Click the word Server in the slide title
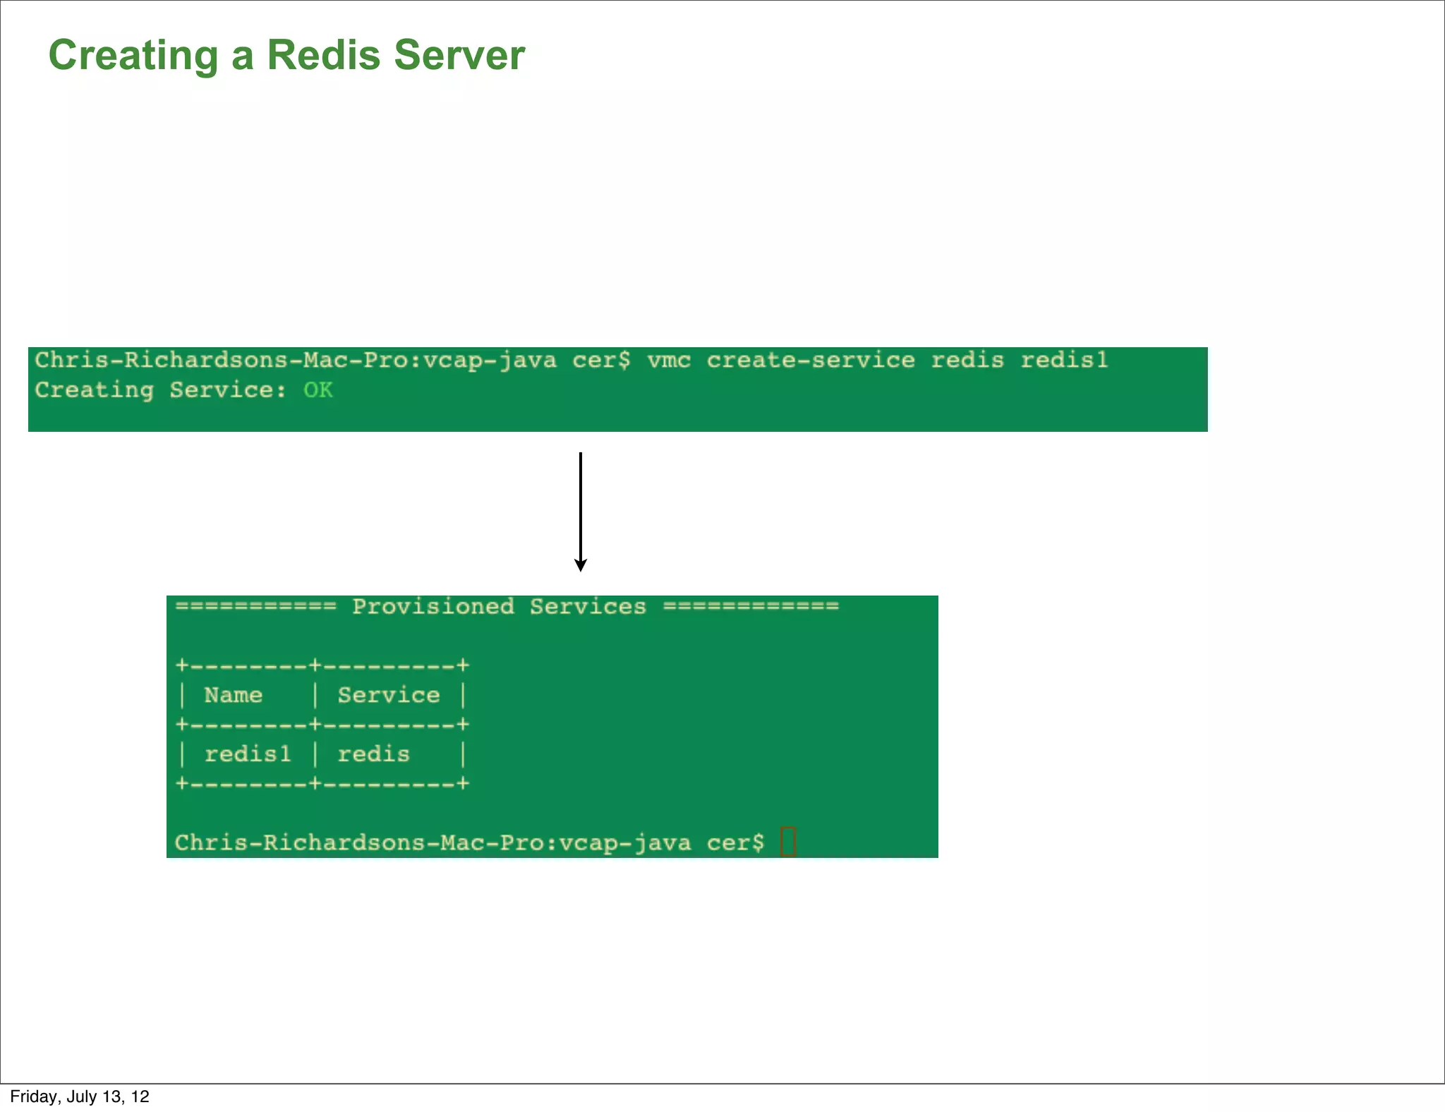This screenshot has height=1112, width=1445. (459, 55)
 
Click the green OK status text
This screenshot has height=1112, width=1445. (318, 390)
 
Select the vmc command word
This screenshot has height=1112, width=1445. (668, 361)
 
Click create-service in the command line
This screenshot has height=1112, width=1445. (810, 361)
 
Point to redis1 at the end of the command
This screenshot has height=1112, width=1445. (1064, 361)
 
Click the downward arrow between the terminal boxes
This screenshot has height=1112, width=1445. (580, 512)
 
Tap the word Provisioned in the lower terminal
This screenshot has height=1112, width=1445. (433, 607)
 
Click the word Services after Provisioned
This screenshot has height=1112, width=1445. (588, 607)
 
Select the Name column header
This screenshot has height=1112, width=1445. (233, 696)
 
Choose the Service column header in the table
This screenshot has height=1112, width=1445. (388, 696)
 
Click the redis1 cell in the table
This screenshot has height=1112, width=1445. (247, 755)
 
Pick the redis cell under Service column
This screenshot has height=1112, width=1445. (373, 755)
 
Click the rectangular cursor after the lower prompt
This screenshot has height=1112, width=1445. (788, 842)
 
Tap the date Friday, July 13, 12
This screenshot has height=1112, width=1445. (80, 1096)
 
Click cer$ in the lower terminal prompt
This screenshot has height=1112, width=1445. (735, 843)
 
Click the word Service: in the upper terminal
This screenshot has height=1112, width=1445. (227, 390)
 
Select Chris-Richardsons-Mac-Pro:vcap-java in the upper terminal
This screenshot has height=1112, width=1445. (296, 361)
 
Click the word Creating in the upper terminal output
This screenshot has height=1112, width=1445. (94, 390)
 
